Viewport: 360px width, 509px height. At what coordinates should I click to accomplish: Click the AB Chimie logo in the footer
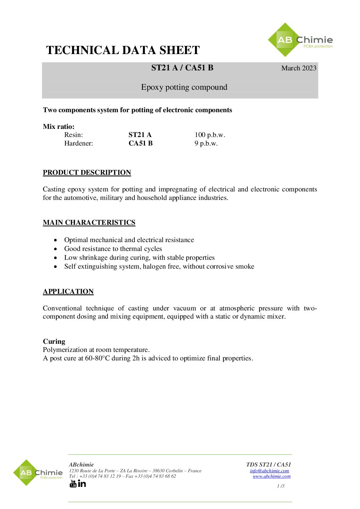click(x=38, y=473)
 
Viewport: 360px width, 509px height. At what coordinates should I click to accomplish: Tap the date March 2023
click(x=298, y=68)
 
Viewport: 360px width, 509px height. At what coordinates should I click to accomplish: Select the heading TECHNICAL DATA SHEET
click(x=123, y=50)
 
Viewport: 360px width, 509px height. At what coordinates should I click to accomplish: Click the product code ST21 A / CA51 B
click(x=182, y=68)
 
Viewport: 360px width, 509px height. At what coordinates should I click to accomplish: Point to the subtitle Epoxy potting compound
click(x=184, y=87)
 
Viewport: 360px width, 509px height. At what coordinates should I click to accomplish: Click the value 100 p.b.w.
click(x=210, y=135)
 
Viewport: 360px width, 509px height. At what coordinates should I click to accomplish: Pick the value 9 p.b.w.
click(x=206, y=143)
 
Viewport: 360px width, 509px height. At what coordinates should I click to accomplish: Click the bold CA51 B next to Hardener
click(x=141, y=143)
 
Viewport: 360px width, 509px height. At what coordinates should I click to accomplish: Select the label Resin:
click(x=73, y=135)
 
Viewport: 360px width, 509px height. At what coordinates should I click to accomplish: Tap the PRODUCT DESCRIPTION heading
click(x=87, y=173)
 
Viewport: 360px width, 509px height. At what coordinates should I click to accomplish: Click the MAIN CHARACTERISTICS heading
click(x=89, y=223)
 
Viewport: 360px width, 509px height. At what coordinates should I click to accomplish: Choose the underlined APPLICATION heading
click(x=68, y=292)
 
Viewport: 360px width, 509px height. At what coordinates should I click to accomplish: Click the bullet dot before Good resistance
click(x=55, y=249)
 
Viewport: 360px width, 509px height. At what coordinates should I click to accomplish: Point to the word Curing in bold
click(x=54, y=341)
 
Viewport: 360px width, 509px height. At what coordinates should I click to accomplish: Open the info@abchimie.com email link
click(x=269, y=471)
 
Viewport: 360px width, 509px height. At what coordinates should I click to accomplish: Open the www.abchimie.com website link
click(x=272, y=476)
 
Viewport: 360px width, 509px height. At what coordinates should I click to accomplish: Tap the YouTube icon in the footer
click(x=73, y=483)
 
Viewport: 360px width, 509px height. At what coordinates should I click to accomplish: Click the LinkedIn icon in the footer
click(x=82, y=483)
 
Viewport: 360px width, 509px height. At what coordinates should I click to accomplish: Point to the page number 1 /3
click(x=280, y=486)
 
